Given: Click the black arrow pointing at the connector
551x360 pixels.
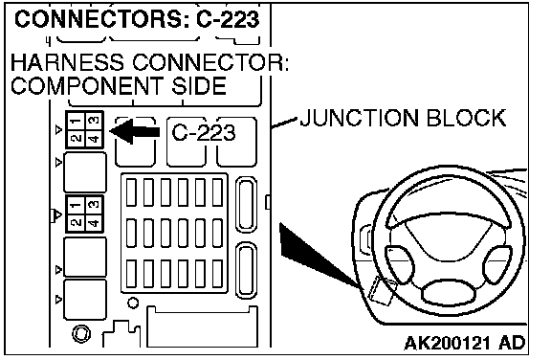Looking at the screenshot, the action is click(x=135, y=131).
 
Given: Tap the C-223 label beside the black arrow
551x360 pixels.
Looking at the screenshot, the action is click(x=204, y=133).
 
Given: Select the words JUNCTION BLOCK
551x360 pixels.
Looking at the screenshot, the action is click(x=403, y=118).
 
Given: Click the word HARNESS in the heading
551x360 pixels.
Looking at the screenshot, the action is click(x=67, y=62).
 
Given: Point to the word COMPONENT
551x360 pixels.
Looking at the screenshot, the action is click(x=87, y=86).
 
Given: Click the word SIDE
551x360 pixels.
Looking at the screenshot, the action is click(x=199, y=86).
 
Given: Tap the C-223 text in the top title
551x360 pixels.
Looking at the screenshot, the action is click(x=228, y=19).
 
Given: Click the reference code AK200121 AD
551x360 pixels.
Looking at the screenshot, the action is click(x=465, y=343).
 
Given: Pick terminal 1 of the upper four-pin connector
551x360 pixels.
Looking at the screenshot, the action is click(x=76, y=122).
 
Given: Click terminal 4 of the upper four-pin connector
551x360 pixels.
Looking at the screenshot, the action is click(x=94, y=139).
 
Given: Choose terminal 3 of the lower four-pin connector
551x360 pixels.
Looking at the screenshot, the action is click(x=94, y=205).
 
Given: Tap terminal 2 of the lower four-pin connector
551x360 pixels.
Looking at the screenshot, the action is click(x=76, y=222).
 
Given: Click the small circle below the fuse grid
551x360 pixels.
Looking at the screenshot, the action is click(x=133, y=303).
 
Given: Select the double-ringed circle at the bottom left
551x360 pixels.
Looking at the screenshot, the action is click(x=81, y=333).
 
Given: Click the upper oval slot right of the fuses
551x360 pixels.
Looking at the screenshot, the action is click(x=246, y=205).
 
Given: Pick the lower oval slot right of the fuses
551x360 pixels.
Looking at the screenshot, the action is click(x=246, y=270).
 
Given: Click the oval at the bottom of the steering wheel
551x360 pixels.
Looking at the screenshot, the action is click(x=448, y=293).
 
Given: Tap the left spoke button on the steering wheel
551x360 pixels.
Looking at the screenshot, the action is click(x=400, y=264).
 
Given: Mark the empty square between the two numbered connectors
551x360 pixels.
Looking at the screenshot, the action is click(x=85, y=172).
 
